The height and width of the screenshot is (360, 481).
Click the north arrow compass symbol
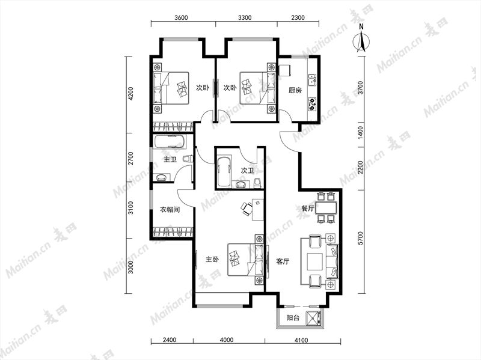pos(361,40)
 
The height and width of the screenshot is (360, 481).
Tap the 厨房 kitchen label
pos(295,90)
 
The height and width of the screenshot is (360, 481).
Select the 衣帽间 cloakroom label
pos(170,210)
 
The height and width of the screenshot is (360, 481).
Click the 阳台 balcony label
pos(293,318)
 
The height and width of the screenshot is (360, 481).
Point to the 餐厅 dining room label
pos(308,209)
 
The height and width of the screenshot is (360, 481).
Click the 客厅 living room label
pos(283,261)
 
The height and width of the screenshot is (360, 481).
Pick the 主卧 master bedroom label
pos(212,260)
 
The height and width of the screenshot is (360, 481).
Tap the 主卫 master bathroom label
pos(170,159)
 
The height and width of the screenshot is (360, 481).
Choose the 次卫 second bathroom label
pos(247,171)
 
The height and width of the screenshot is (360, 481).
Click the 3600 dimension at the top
pos(181,17)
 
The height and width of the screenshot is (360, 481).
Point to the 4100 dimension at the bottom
pos(301,340)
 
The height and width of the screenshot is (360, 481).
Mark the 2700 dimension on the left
pos(131,158)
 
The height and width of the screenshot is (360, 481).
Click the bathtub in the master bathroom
pos(170,142)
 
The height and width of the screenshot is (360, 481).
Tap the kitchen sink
pos(312,81)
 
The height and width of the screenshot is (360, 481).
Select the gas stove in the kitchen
pos(312,104)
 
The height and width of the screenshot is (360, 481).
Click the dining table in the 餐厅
pos(326,207)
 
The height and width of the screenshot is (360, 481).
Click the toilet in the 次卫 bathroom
pos(257,183)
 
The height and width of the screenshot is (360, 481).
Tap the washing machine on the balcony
pos(314,317)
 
